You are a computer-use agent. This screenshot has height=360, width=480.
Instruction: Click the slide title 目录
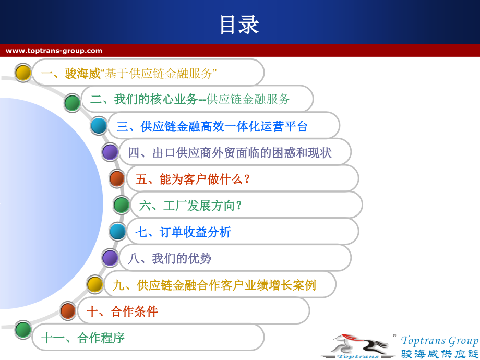click(239, 25)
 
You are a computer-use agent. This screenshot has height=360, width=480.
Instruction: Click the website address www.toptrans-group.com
click(54, 51)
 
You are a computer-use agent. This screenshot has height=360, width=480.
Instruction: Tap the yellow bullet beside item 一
click(23, 73)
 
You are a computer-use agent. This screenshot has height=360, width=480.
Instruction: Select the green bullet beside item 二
click(73, 103)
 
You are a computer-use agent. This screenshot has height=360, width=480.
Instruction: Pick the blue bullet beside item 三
click(99, 126)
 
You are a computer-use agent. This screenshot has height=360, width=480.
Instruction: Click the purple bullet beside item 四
click(110, 152)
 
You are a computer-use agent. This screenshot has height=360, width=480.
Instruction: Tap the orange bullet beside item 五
click(117, 178)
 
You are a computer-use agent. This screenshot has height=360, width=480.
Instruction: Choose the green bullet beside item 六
click(121, 205)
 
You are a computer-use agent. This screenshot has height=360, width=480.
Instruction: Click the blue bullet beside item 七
click(117, 232)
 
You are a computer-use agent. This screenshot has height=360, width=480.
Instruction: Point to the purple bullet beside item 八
click(110, 258)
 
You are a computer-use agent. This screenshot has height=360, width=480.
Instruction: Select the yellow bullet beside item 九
click(95, 284)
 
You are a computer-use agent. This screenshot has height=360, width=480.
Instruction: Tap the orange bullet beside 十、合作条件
click(68, 311)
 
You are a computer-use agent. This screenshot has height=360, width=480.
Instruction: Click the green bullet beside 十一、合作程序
click(23, 329)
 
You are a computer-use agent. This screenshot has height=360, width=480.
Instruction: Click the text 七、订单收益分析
click(183, 232)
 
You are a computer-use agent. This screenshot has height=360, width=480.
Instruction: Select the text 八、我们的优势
click(170, 259)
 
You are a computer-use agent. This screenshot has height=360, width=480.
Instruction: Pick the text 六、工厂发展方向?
click(190, 206)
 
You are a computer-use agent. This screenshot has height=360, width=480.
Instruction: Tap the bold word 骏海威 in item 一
click(82, 74)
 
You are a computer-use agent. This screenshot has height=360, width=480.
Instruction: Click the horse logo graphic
click(358, 346)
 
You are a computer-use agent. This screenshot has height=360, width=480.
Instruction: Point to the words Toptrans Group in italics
click(440, 341)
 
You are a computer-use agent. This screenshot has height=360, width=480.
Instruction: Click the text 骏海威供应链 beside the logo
click(440, 354)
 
